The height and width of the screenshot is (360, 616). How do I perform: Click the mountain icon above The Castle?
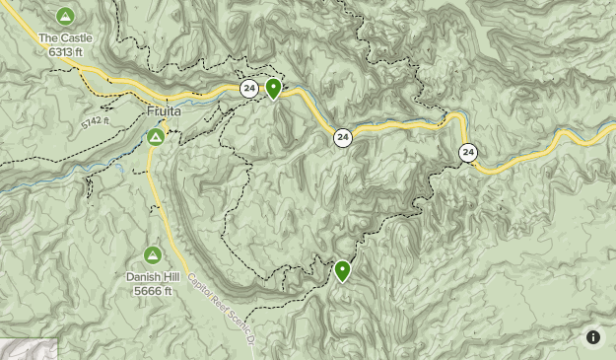tap(65, 16)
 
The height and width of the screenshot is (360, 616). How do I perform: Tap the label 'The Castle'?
tap(65, 38)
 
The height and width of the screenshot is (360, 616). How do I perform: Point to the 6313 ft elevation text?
tap(65, 51)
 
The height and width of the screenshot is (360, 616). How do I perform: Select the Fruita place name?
tap(165, 112)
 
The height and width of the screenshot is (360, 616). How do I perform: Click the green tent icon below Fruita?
tap(156, 136)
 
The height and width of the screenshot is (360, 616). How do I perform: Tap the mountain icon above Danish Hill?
tap(154, 254)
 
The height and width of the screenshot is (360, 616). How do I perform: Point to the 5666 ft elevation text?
tap(154, 290)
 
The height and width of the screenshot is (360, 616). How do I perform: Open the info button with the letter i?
tap(593, 337)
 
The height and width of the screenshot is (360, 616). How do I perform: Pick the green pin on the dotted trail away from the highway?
tap(342, 269)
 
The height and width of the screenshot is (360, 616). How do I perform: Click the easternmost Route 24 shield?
tap(467, 152)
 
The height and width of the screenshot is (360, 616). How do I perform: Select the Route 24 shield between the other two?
tap(342, 137)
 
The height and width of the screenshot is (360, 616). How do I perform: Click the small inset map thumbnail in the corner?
tap(28, 349)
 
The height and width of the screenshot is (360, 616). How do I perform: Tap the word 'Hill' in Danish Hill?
tap(171, 277)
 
